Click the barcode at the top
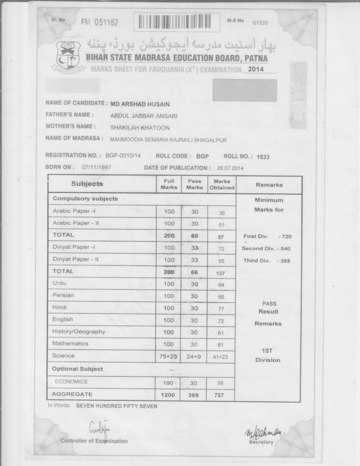pos(177,22)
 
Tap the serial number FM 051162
pos(100,22)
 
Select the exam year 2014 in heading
pos(256,69)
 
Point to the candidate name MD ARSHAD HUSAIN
pos(140,104)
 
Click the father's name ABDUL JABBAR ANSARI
pos(144,116)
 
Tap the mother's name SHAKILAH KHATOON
pos(140,128)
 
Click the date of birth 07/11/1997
pos(97,167)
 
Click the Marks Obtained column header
pos(222,184)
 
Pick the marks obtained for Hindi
pos(221,309)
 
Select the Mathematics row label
pos(70,344)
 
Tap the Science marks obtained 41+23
pos(220,357)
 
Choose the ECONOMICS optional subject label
pos(71,382)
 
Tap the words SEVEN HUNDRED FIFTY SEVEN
pos(116,406)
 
